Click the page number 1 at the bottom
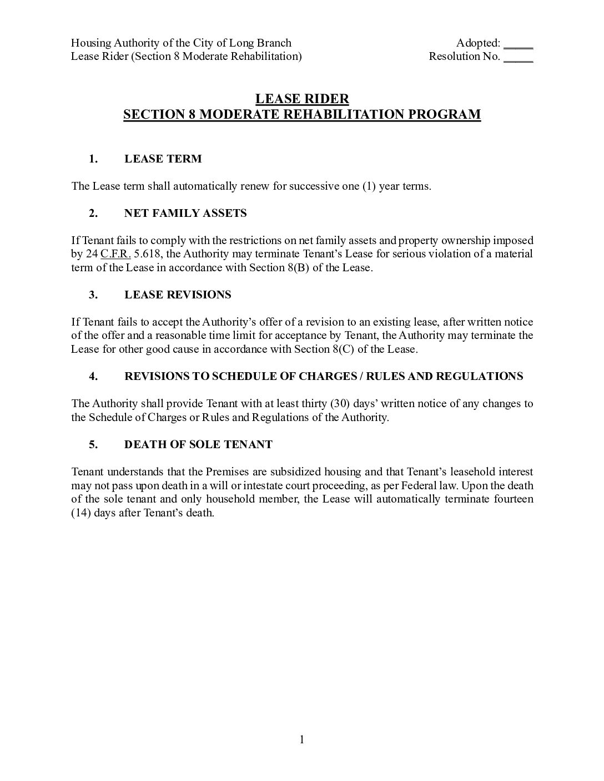click(302, 739)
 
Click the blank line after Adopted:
click(519, 44)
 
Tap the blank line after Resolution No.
click(519, 58)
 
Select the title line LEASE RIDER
click(302, 99)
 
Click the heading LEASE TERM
click(163, 159)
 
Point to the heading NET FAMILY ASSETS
click(185, 214)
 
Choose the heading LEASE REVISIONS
click(178, 295)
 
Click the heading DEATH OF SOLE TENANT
click(198, 445)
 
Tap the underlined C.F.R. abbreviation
click(115, 254)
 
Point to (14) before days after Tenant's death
click(80, 513)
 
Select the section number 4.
click(93, 377)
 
